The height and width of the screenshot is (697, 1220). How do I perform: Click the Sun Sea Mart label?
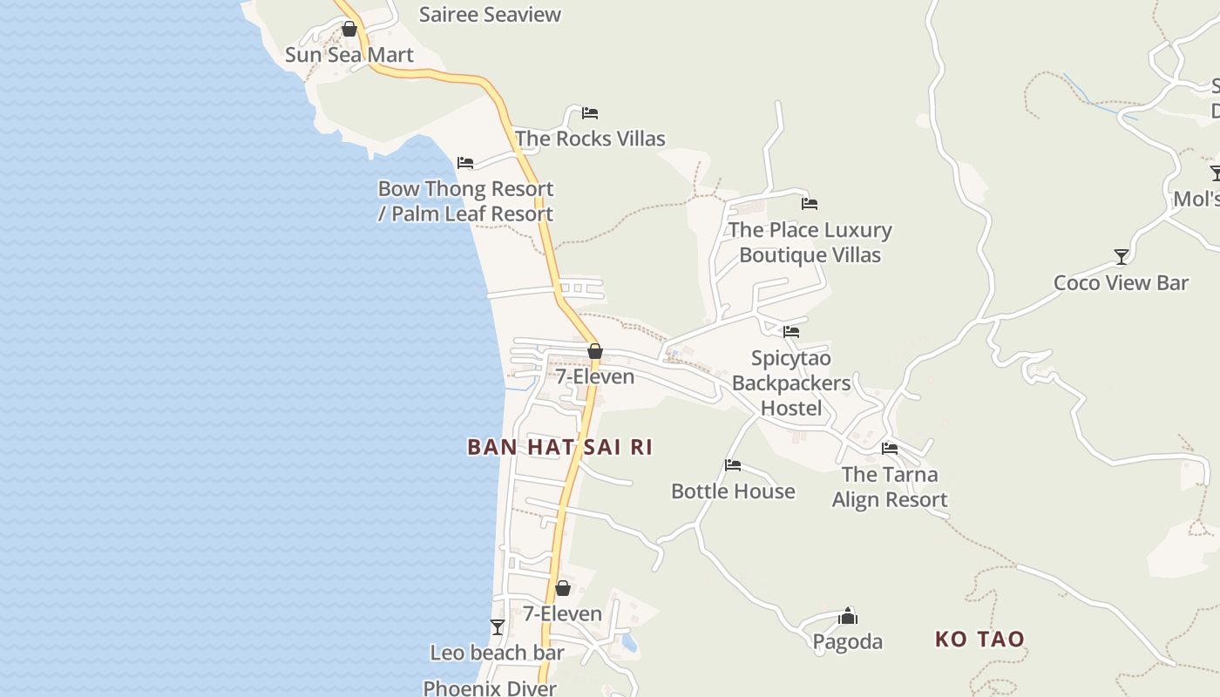pyautogui.click(x=349, y=55)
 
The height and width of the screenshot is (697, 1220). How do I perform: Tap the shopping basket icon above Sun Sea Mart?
pyautogui.click(x=349, y=30)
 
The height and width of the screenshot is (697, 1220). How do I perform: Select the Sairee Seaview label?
pyautogui.click(x=490, y=14)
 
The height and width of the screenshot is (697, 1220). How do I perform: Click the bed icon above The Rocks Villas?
pyautogui.click(x=590, y=113)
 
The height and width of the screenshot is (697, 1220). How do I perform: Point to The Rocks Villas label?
pyautogui.click(x=590, y=139)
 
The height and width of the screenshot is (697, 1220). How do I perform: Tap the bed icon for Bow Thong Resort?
pyautogui.click(x=465, y=163)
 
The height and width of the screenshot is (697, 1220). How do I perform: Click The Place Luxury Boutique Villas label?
pyautogui.click(x=810, y=242)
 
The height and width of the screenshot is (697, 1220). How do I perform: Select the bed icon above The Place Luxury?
pyautogui.click(x=810, y=204)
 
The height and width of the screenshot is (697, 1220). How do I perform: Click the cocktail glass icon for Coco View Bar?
pyautogui.click(x=1122, y=257)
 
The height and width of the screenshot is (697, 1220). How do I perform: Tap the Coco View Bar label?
pyautogui.click(x=1121, y=282)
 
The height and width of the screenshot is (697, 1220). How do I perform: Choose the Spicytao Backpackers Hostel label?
pyautogui.click(x=791, y=383)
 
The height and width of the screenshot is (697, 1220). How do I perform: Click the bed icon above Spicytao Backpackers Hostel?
pyautogui.click(x=791, y=332)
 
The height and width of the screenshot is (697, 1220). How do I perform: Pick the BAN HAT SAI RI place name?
pyautogui.click(x=559, y=447)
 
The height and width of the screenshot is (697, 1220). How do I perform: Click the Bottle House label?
pyautogui.click(x=733, y=491)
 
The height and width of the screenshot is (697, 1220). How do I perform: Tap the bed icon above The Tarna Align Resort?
pyautogui.click(x=890, y=449)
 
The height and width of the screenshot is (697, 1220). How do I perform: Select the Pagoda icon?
pyautogui.click(x=848, y=617)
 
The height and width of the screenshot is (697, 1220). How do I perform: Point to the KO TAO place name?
pyautogui.click(x=979, y=639)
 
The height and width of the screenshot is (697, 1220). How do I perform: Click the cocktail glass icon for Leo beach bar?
pyautogui.click(x=498, y=626)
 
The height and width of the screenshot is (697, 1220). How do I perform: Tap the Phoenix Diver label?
pyautogui.click(x=490, y=688)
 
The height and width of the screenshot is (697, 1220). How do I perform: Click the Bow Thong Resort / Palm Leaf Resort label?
pyautogui.click(x=465, y=201)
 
